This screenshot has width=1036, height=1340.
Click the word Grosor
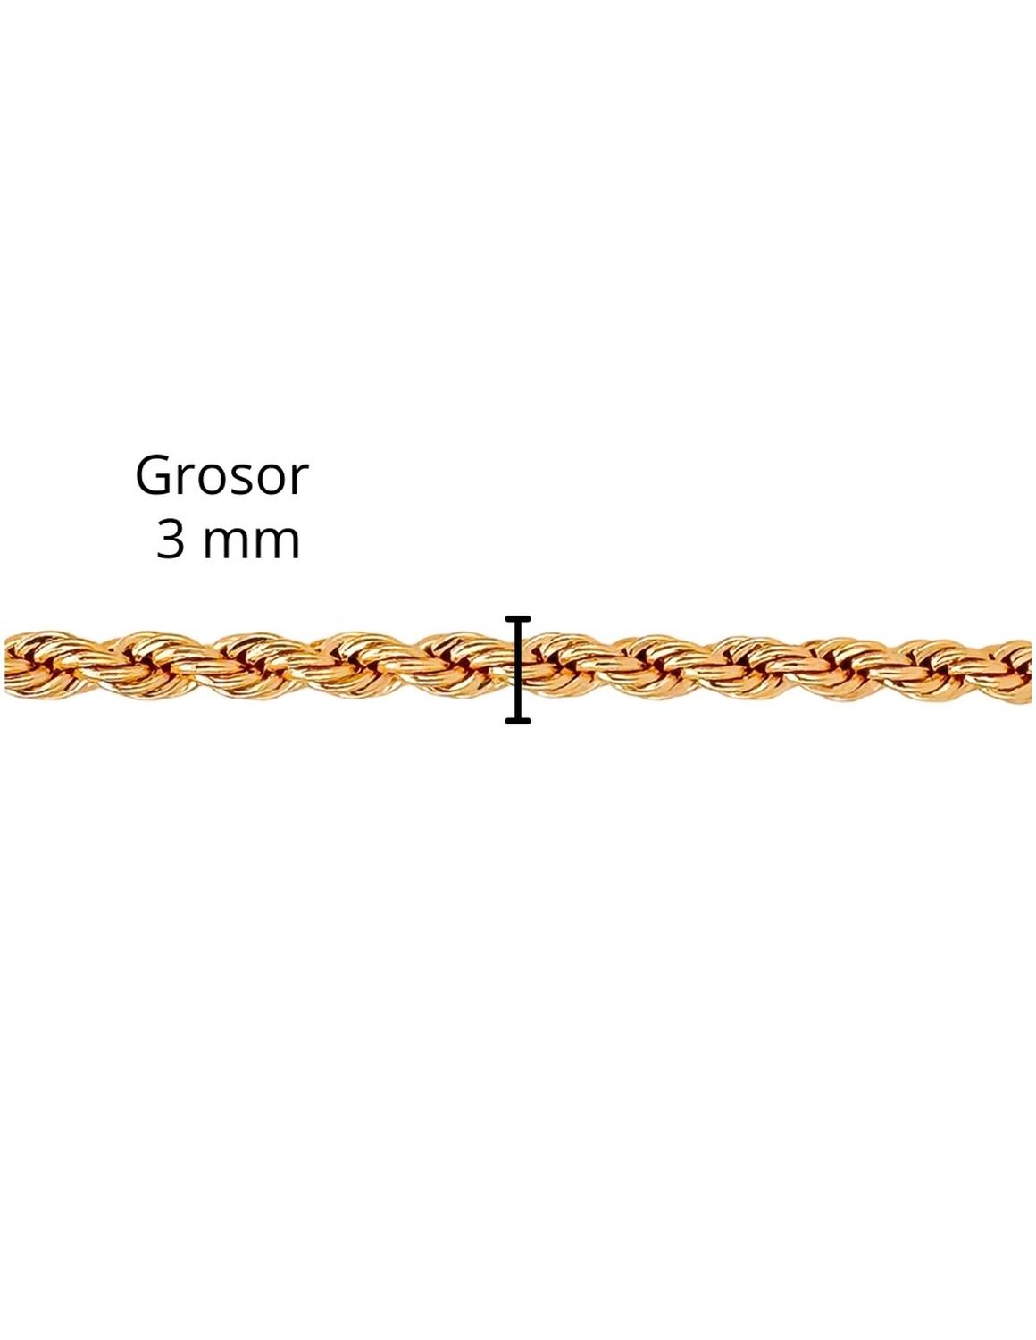[x=221, y=475]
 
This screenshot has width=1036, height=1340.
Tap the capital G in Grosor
[x=152, y=475]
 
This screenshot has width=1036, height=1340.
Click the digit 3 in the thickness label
[x=171, y=539]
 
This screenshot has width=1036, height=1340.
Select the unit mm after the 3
[x=251, y=542]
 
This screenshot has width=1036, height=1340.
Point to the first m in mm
[x=226, y=542]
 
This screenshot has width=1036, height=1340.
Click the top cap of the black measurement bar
[x=517, y=618]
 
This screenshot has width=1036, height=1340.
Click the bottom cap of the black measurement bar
[x=517, y=720]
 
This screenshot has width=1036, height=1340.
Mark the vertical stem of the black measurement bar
[x=518, y=669]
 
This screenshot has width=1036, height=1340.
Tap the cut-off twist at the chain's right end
[x=1011, y=671]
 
